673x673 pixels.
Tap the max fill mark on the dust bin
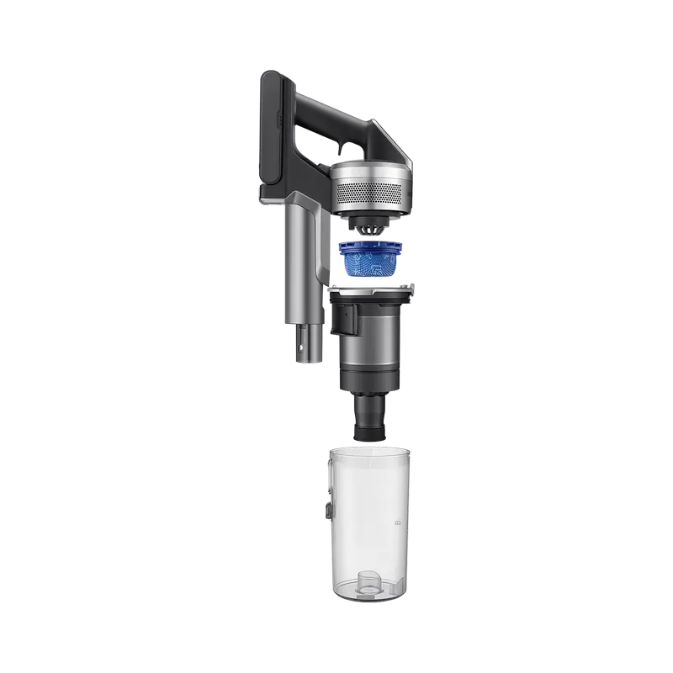[400, 523]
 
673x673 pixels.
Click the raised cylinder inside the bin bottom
[368, 580]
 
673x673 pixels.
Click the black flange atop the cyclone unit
[370, 294]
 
